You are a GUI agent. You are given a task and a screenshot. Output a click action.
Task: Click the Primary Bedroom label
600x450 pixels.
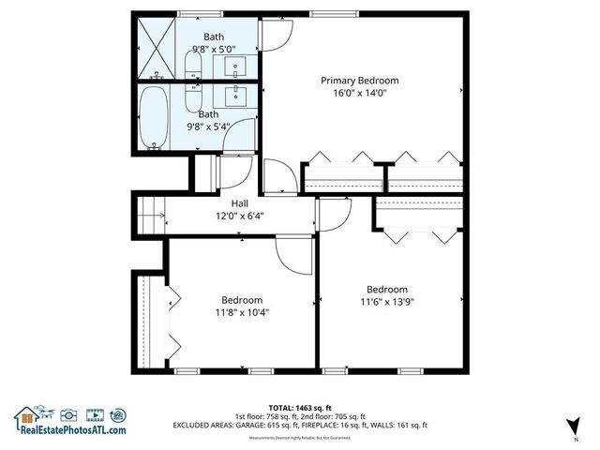(x=360, y=81)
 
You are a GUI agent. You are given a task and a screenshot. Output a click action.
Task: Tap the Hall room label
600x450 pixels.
(x=240, y=203)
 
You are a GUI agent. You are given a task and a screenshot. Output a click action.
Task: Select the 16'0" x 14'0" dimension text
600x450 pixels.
(x=360, y=93)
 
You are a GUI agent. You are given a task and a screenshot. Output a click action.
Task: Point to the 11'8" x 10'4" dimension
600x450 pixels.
(x=241, y=312)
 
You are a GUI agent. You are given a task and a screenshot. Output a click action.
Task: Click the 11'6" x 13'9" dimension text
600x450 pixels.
(x=386, y=302)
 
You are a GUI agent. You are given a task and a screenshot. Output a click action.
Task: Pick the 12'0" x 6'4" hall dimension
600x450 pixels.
(x=240, y=216)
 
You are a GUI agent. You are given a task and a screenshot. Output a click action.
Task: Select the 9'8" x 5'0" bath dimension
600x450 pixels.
(x=213, y=50)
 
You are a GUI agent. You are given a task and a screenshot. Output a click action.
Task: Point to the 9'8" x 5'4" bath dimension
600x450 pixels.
(x=208, y=126)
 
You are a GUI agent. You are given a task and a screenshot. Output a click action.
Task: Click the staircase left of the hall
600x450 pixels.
(x=151, y=216)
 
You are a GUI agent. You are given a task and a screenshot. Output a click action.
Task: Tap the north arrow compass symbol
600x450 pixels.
(x=570, y=430)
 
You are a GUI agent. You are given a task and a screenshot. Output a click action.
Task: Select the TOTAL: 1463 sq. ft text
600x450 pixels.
(x=300, y=409)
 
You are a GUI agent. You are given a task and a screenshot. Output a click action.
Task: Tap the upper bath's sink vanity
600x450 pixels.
(x=235, y=65)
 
